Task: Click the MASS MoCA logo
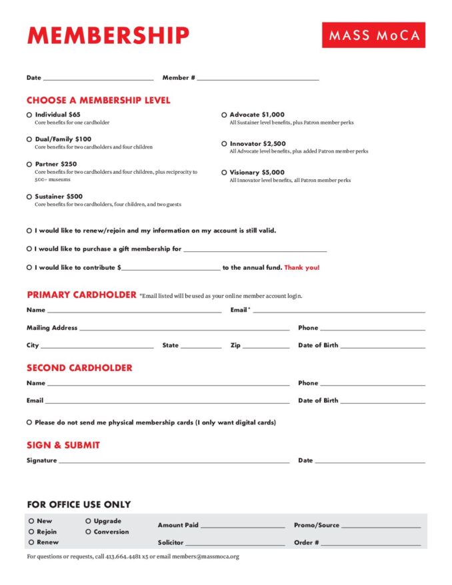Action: click(373, 35)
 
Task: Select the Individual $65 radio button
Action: click(29, 115)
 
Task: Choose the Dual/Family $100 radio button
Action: click(29, 139)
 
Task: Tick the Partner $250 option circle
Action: click(29, 164)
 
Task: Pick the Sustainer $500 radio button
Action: click(29, 197)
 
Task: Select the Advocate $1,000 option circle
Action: click(224, 115)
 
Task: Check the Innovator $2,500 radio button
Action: click(224, 143)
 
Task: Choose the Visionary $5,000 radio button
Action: click(224, 173)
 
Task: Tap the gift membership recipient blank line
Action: click(255, 250)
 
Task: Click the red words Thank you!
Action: click(302, 268)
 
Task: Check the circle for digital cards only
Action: click(29, 422)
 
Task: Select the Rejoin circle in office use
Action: click(31, 532)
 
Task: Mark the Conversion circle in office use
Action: click(88, 532)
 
